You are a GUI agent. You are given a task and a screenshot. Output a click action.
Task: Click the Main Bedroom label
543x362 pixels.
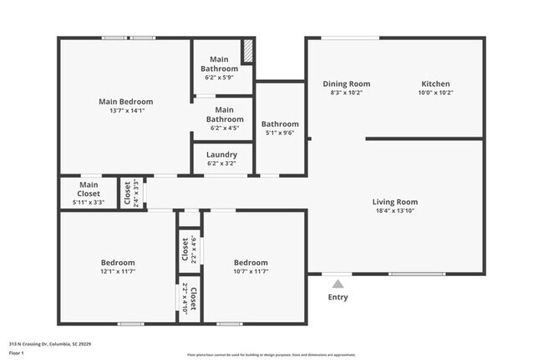125,102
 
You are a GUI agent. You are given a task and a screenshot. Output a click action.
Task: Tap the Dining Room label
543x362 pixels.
346,84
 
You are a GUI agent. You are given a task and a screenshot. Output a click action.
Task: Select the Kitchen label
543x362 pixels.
435,84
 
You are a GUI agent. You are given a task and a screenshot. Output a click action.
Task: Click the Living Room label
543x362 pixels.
394,202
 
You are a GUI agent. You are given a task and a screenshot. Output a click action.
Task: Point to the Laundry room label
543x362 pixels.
221,154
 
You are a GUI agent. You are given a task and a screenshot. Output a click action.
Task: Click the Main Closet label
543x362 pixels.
89,189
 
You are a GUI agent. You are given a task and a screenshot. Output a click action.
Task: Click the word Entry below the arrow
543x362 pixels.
337,298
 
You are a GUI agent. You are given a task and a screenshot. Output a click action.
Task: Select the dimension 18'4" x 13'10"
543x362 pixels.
394,212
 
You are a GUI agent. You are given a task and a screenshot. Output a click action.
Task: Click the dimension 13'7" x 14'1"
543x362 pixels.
125,111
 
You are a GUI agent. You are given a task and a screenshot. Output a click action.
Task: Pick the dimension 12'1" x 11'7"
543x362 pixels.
118,271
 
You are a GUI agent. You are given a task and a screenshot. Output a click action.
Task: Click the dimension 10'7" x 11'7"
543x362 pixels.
250,271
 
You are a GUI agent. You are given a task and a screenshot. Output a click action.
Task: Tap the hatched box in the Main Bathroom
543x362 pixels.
248,51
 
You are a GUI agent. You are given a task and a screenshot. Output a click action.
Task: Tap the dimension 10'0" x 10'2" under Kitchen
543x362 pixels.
435,93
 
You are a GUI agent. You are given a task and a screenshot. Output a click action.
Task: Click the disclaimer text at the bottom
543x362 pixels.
271,354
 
